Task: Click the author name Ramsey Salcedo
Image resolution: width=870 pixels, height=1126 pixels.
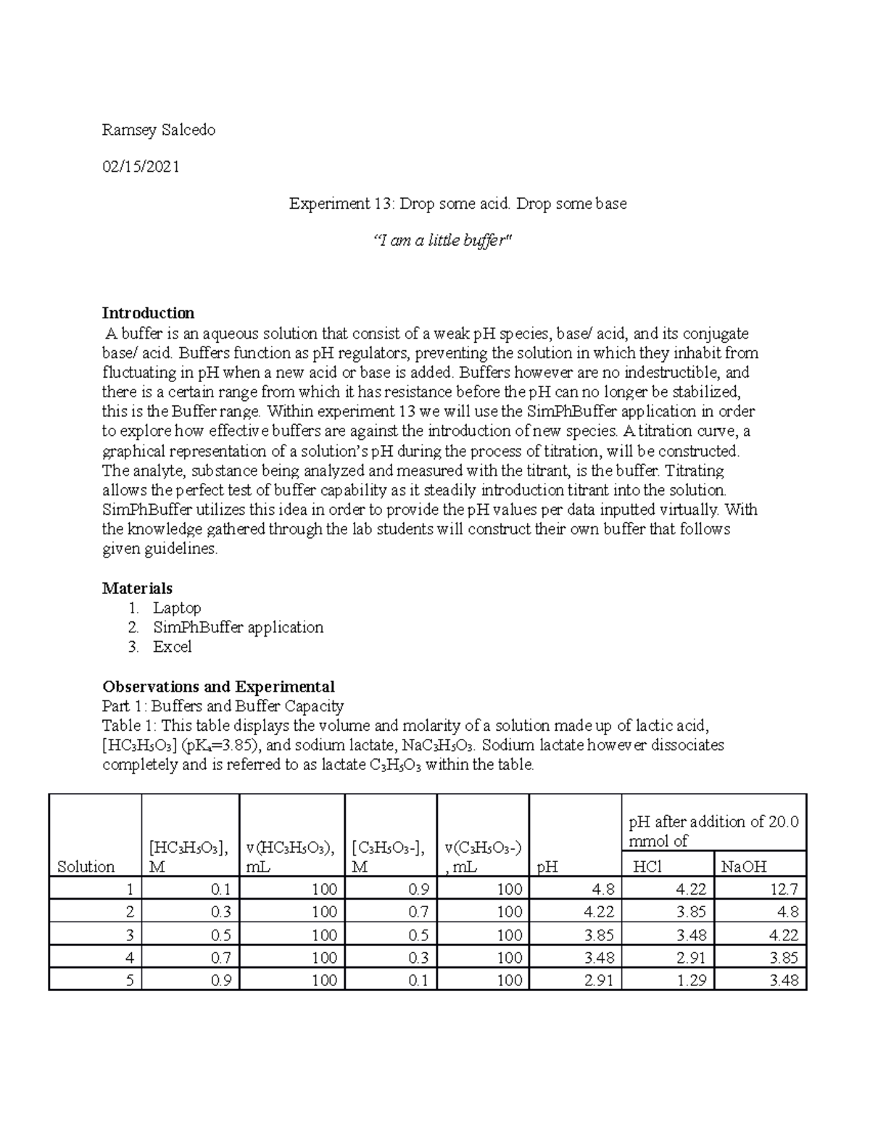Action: pos(159,131)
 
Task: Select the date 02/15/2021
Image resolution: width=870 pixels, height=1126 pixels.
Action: pos(141,167)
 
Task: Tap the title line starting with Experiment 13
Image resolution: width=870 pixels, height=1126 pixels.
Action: pos(457,204)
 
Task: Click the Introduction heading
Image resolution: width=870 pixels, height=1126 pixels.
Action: pos(148,313)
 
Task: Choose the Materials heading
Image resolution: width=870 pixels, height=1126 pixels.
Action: pos(137,588)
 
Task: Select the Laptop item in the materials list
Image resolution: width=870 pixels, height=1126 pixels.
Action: pos(176,608)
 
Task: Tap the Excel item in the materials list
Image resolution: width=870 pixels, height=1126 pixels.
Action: pos(172,647)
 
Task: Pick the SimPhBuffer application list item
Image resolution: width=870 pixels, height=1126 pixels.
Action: pos(238,627)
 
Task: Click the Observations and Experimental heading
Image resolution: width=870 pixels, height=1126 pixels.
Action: pos(218,687)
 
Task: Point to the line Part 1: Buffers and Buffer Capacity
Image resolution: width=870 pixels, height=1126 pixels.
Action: pos(223,706)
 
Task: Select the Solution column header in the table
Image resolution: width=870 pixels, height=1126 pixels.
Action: pos(86,866)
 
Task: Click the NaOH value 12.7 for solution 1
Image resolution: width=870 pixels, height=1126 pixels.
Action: pos(784,889)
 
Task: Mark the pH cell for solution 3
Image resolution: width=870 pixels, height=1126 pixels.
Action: pos(599,935)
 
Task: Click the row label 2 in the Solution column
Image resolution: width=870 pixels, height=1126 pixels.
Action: pos(129,911)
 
